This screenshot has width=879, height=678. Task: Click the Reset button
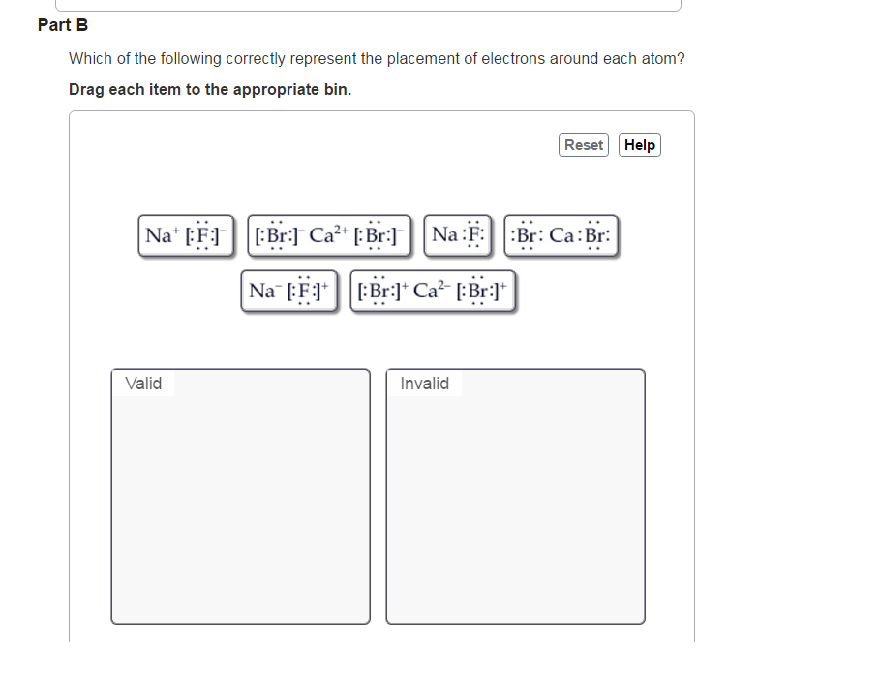tap(584, 145)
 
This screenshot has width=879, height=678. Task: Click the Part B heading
tap(63, 25)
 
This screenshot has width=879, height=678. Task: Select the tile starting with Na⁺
tap(187, 235)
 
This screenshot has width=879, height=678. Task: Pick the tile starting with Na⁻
tap(289, 291)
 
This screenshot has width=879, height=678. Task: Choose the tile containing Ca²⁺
tap(329, 235)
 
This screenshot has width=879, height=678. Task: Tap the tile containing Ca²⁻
tap(431, 291)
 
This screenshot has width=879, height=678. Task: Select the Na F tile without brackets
tap(458, 235)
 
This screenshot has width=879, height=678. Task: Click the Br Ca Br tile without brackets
tap(561, 235)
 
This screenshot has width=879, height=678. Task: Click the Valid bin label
tap(143, 384)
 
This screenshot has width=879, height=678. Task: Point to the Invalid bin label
tap(424, 384)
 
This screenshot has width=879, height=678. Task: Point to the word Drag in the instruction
tap(86, 89)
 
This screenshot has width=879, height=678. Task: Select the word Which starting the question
tap(89, 59)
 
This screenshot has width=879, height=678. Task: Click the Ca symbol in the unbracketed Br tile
tap(562, 236)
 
